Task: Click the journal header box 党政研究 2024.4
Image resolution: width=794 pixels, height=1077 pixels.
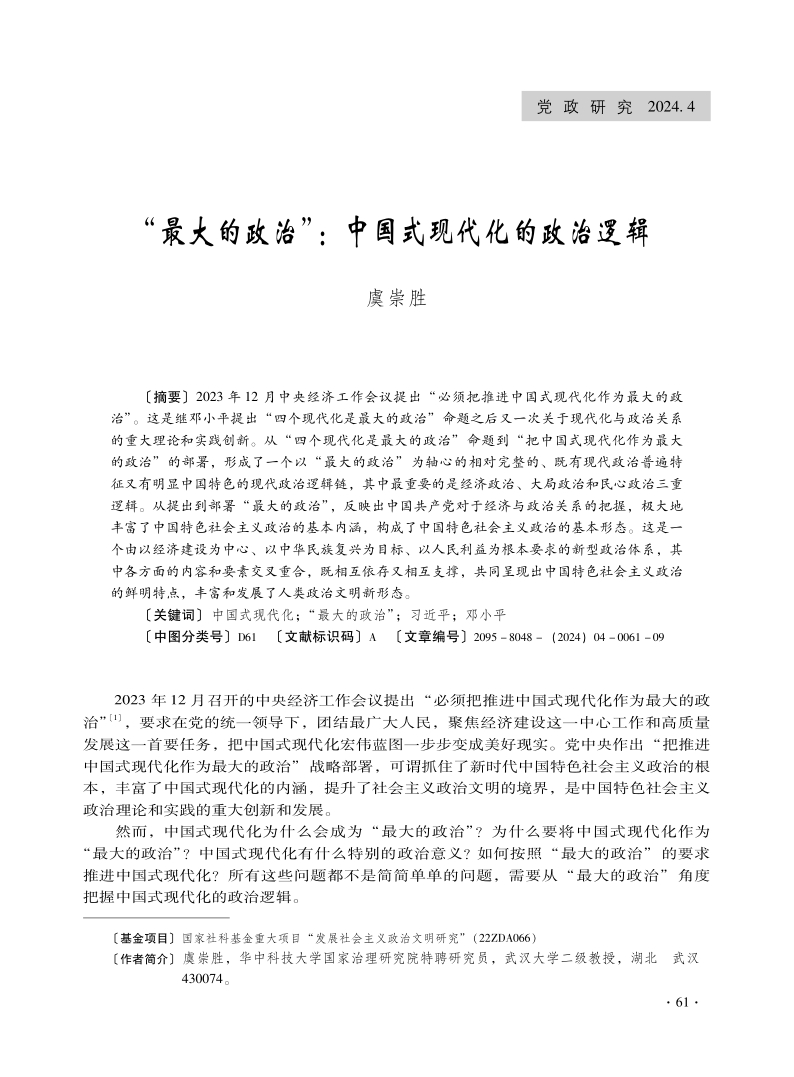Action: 616,106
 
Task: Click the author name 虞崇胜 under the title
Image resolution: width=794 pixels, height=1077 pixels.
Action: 397,299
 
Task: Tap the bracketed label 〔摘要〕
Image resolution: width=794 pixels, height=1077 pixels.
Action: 166,396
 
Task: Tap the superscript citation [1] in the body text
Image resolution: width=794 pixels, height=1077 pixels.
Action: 116,717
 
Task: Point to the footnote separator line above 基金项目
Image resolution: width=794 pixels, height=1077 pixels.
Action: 156,916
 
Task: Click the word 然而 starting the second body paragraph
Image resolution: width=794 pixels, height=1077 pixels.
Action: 132,831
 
